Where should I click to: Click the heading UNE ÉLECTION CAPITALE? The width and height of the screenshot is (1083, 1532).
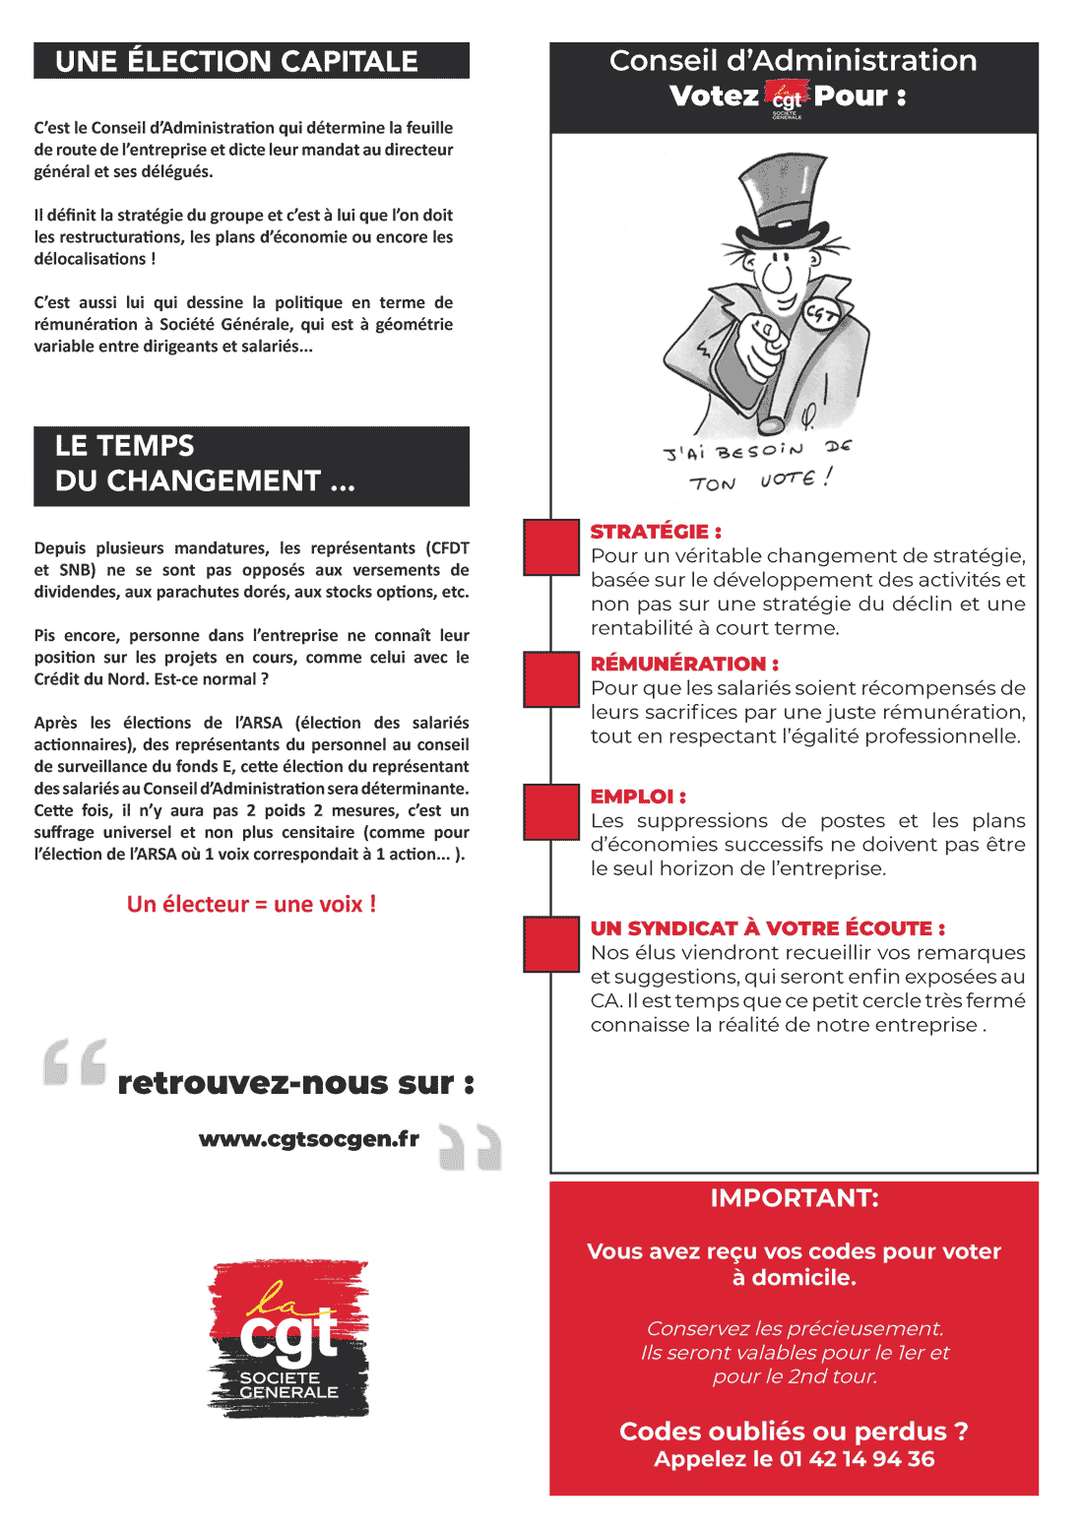(x=236, y=61)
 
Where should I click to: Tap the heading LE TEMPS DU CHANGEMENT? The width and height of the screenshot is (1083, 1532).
(x=205, y=464)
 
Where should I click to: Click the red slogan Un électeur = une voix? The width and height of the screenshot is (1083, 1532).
(x=251, y=904)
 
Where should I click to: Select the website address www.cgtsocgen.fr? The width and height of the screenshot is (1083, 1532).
(x=309, y=1139)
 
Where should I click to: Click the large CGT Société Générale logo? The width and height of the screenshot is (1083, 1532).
(x=288, y=1338)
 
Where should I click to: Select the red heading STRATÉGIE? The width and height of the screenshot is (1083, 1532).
(x=656, y=532)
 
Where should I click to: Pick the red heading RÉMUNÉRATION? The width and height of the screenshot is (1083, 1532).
(x=684, y=664)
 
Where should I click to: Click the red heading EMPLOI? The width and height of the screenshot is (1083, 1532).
(x=638, y=797)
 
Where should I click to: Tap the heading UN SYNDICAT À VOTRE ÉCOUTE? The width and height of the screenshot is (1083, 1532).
(x=767, y=928)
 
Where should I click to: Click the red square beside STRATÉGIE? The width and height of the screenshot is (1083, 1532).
(x=551, y=547)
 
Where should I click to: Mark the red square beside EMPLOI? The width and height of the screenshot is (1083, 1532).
(x=551, y=811)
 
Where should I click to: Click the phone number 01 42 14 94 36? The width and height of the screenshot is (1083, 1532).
(x=857, y=1459)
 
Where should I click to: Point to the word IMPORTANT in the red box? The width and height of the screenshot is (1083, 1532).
(x=794, y=1198)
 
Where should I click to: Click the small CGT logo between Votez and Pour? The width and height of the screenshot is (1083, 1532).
(x=787, y=98)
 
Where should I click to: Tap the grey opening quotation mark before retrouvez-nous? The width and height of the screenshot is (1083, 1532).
(x=75, y=1063)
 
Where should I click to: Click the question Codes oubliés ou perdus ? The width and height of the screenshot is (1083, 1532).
(x=794, y=1431)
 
